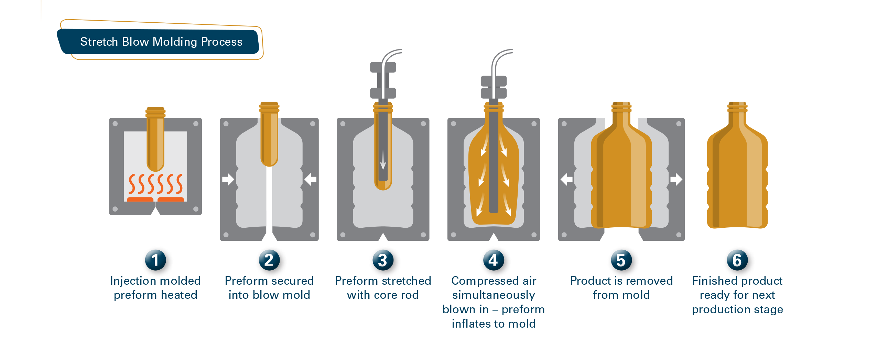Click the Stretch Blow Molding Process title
[161, 42]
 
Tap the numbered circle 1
[155, 260]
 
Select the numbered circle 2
[269, 260]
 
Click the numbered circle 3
[382, 260]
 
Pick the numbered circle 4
[493, 260]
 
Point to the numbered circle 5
[621, 260]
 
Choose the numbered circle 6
[737, 260]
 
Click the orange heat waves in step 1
[155, 184]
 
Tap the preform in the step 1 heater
[155, 141]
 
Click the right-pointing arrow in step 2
[228, 179]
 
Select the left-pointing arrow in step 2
[311, 179]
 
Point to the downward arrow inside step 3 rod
[383, 161]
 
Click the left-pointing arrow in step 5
[566, 179]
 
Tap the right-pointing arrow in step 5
[676, 179]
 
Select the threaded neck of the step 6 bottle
[737, 107]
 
